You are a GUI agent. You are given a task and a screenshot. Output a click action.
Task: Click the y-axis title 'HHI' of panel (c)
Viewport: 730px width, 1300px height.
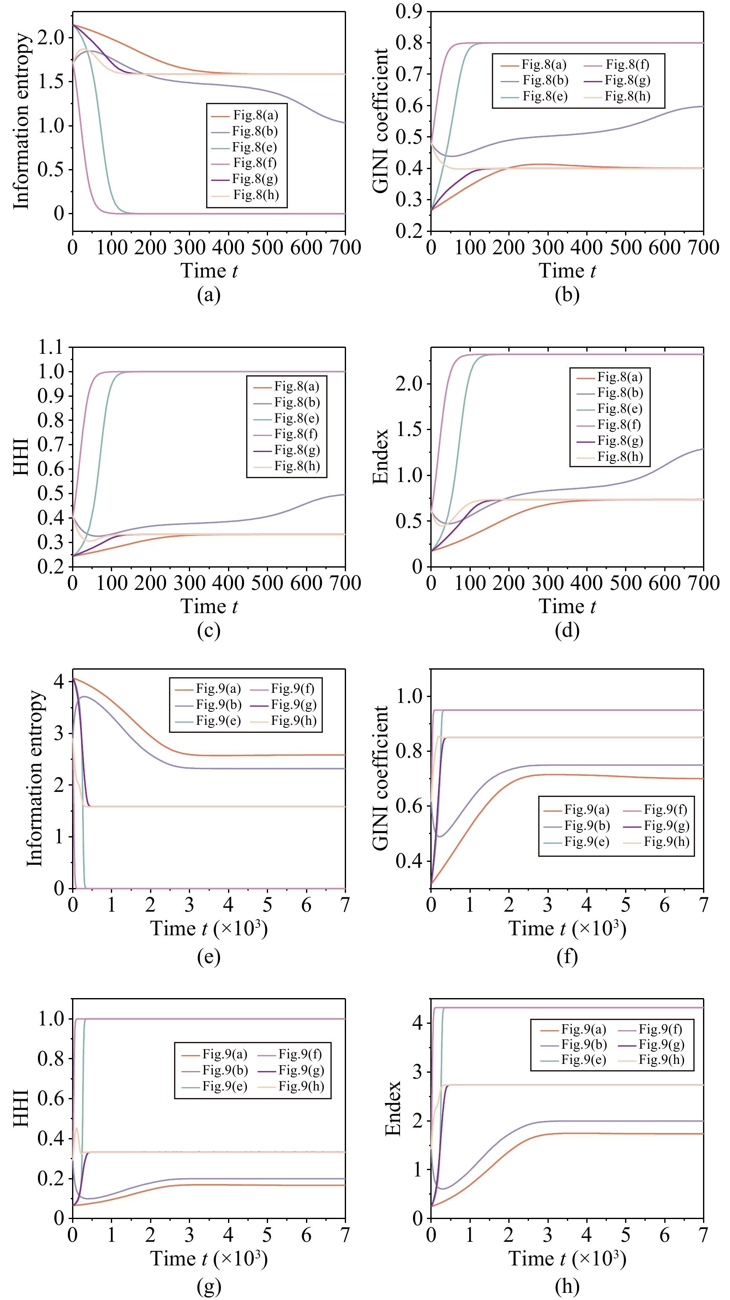(21, 457)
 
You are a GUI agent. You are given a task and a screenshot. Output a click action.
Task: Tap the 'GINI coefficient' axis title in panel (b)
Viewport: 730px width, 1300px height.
(381, 121)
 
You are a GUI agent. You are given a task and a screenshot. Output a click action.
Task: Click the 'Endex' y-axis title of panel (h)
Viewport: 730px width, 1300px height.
(393, 1108)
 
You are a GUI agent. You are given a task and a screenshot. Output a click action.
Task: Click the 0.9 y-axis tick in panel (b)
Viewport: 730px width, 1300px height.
(409, 11)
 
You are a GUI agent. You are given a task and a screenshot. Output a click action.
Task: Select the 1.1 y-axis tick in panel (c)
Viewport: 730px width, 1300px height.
(51, 347)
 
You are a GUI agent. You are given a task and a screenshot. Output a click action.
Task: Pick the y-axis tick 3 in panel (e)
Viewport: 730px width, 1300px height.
(59, 733)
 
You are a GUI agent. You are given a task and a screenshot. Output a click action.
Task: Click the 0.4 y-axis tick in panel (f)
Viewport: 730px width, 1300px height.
(409, 861)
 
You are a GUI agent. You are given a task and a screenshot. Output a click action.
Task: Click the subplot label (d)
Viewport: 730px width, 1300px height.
(567, 630)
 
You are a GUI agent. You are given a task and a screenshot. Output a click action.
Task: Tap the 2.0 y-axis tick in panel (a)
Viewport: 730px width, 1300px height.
(51, 38)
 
